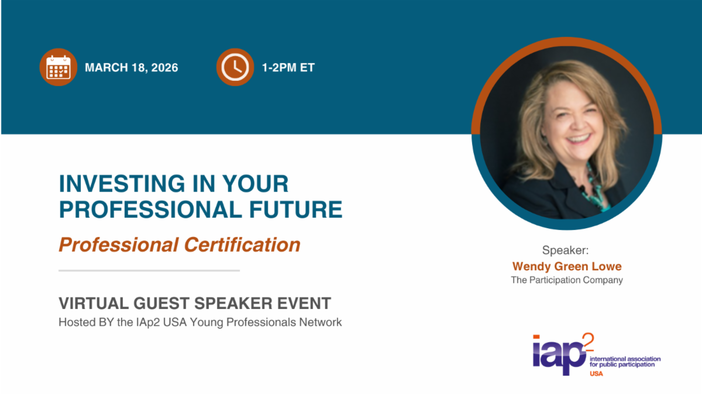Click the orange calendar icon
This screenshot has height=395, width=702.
tap(58, 67)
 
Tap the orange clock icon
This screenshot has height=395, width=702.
tap(235, 67)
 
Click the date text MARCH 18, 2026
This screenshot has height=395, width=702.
tap(131, 68)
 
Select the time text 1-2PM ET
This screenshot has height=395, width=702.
tap(288, 68)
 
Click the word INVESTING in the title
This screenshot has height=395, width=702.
tap(122, 184)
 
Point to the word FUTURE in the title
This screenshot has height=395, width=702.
tap(295, 209)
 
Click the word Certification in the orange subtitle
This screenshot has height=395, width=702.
tap(242, 245)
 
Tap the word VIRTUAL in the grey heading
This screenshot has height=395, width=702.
tap(94, 304)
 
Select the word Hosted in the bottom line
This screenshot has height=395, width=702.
tap(77, 322)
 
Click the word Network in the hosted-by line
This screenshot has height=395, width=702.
tap(321, 322)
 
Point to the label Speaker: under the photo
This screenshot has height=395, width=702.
tap(565, 250)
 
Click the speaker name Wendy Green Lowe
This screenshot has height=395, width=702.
tap(567, 266)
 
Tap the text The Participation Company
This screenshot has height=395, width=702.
tap(567, 280)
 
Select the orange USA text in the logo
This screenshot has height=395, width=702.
tap(596, 374)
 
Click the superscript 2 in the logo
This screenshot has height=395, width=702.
tap(588, 342)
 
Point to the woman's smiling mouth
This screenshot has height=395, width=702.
tap(579, 139)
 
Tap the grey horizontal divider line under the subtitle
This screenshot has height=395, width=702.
tap(149, 270)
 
